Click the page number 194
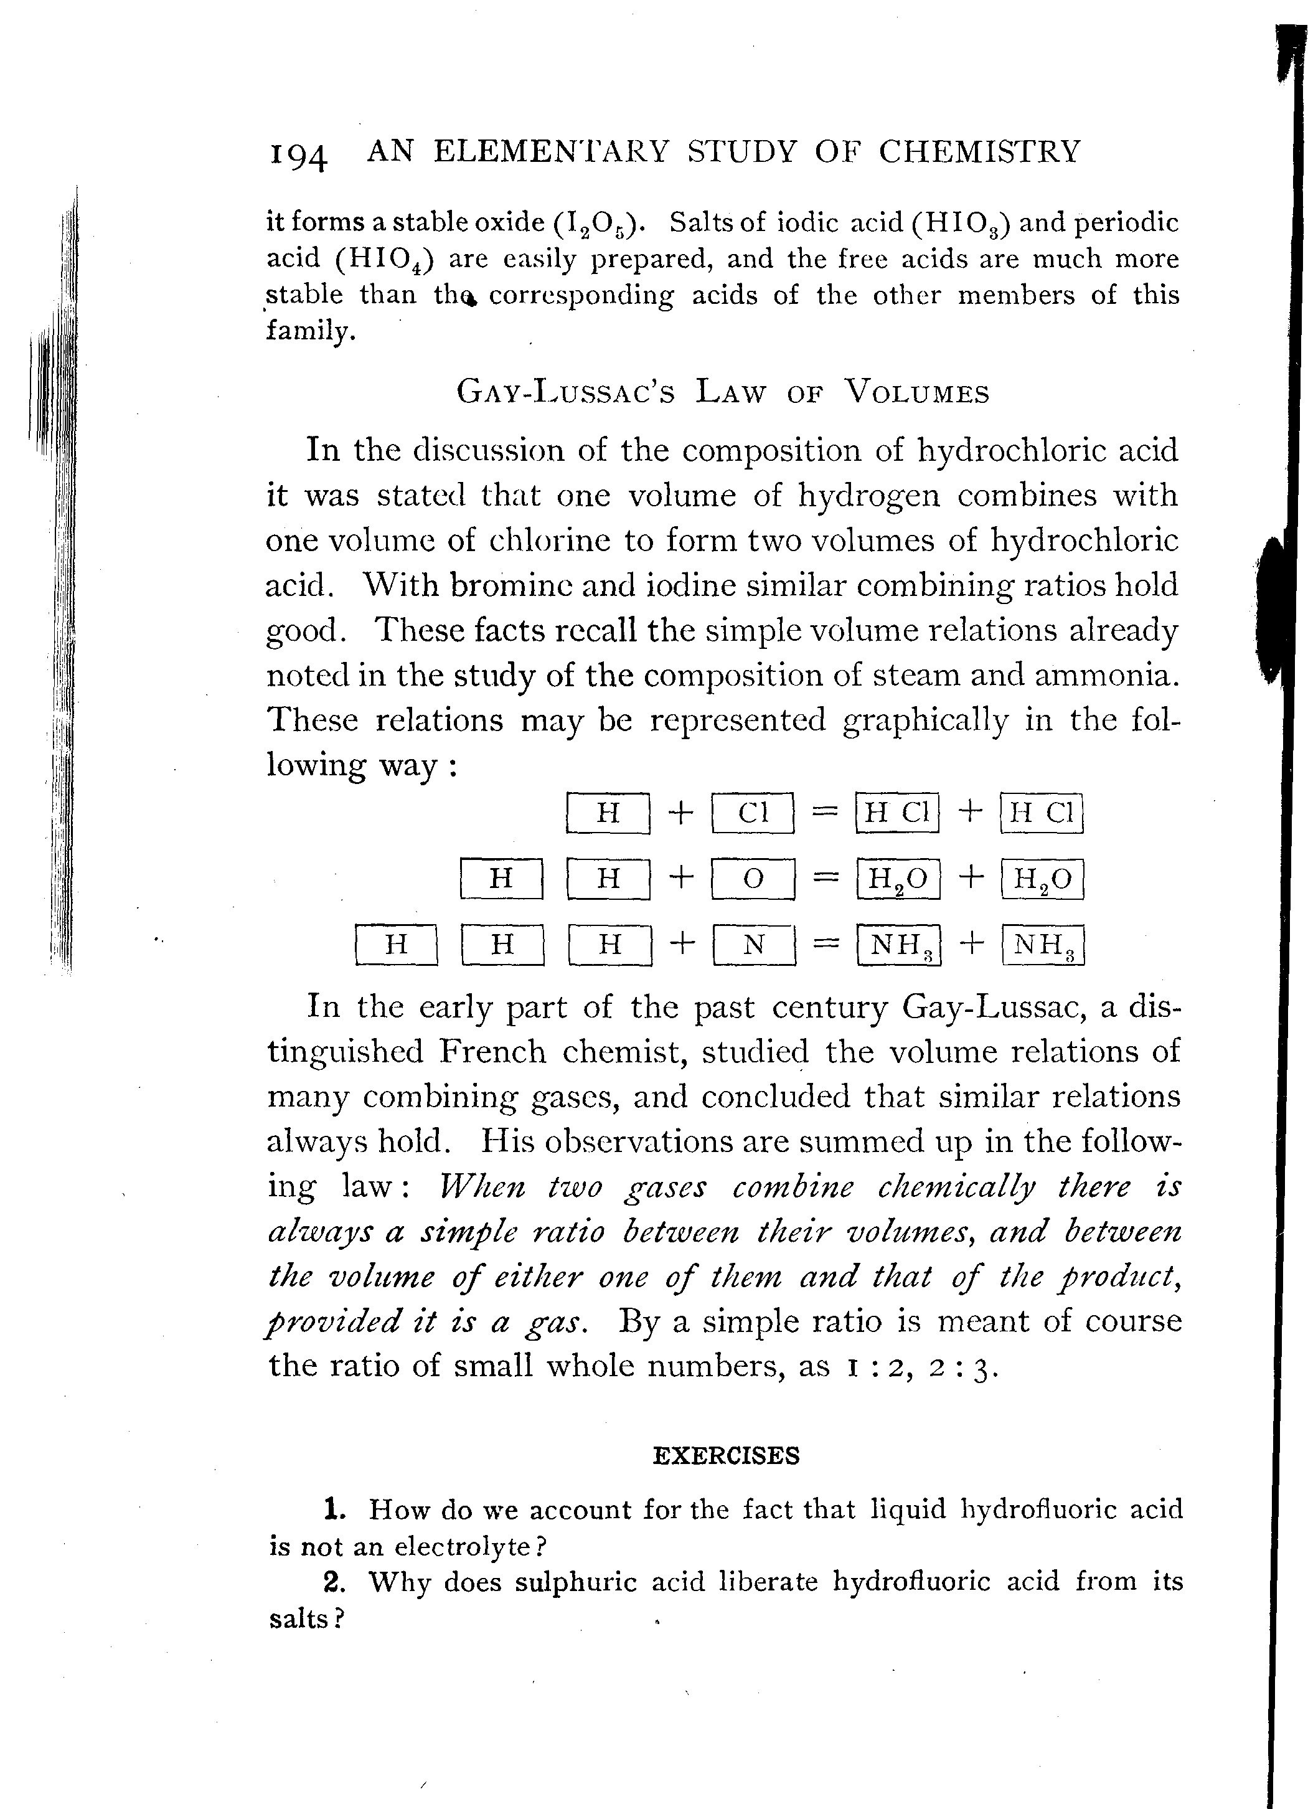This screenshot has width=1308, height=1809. click(298, 154)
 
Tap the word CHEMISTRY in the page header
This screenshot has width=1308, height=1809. click(979, 151)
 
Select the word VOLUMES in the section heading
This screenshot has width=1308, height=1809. click(916, 392)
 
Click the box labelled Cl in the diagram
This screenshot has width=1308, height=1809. click(753, 813)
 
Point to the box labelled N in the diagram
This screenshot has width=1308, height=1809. click(754, 945)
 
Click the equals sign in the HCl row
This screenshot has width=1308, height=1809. click(825, 812)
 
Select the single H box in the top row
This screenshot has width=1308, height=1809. click(608, 813)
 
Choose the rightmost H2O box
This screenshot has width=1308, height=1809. click(1042, 879)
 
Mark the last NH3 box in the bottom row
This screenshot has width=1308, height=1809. click(1042, 945)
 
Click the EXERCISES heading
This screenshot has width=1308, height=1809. click(726, 1456)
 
